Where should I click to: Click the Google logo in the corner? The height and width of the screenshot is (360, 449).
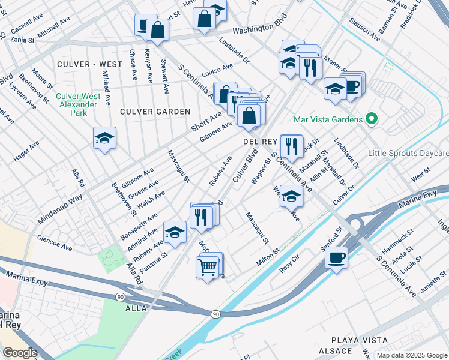tap(20, 353)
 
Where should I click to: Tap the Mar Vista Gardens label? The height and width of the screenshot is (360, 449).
tap(328, 119)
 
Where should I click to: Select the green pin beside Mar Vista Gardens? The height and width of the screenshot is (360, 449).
tap(371, 119)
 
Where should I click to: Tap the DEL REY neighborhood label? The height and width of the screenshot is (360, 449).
tap(259, 142)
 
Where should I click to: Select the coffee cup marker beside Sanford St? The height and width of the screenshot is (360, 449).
tap(336, 257)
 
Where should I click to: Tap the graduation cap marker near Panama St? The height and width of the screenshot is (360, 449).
tap(175, 232)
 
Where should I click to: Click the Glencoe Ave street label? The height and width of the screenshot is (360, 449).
tap(54, 239)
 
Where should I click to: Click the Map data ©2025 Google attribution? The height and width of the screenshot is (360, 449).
tap(411, 355)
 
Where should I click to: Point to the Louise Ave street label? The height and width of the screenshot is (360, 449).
tap(217, 70)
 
